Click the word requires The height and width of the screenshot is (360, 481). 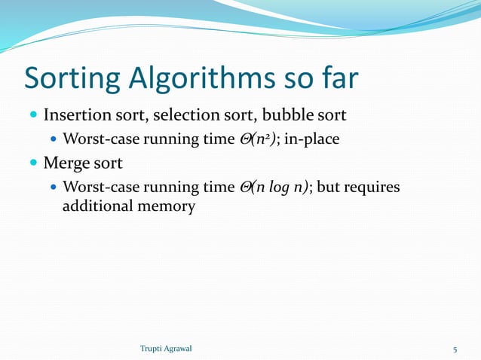(x=373, y=186)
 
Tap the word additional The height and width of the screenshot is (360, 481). (x=94, y=205)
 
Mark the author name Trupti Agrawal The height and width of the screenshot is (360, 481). (x=167, y=349)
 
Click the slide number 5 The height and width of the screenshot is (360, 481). (x=455, y=349)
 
